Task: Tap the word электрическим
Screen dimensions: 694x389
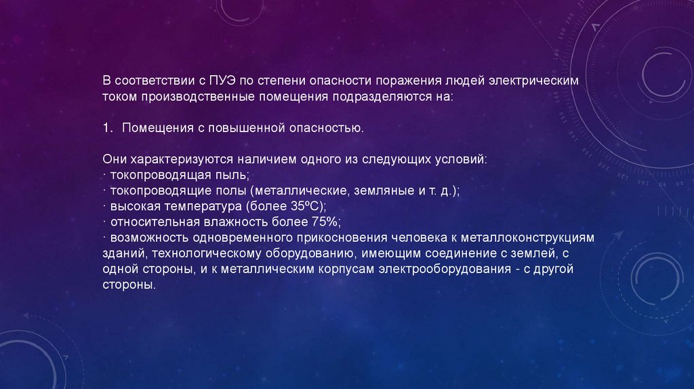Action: click(x=533, y=81)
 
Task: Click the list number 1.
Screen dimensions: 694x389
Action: click(x=107, y=128)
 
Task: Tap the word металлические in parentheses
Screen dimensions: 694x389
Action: click(x=301, y=190)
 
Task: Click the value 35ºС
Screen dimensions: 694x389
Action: click(x=307, y=206)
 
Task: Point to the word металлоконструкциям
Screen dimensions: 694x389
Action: click(x=527, y=238)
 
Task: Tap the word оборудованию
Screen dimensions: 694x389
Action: click(x=312, y=253)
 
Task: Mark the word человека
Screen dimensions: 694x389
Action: click(x=419, y=238)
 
